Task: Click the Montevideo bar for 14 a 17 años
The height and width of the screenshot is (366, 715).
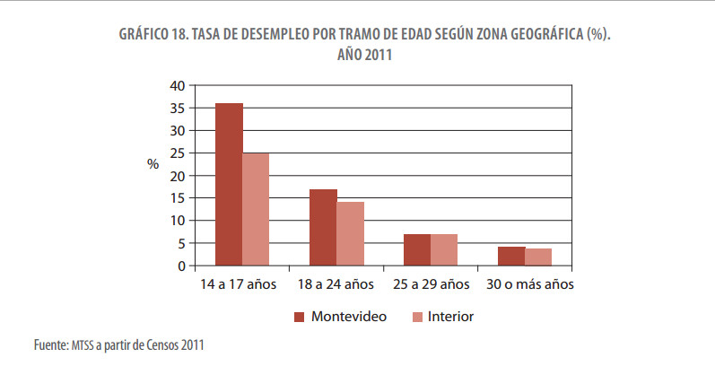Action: tap(229, 184)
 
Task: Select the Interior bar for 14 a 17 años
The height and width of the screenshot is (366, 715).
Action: tap(256, 209)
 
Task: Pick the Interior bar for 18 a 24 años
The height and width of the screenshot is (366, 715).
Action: tap(350, 233)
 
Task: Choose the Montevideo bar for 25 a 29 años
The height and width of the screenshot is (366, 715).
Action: tap(417, 249)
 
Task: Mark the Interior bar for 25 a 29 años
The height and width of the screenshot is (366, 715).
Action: tap(444, 249)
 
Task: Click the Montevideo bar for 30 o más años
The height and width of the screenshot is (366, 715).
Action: tap(511, 256)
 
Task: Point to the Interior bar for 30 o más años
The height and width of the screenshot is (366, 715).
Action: tap(538, 257)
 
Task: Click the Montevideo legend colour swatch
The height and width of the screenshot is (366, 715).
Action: tap(300, 317)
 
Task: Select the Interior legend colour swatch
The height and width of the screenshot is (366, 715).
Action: tap(416, 317)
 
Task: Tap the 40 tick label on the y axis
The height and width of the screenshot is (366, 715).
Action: tap(177, 85)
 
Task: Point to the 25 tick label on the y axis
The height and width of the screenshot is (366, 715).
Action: tap(177, 153)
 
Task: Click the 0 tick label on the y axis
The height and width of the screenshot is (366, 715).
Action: tap(180, 266)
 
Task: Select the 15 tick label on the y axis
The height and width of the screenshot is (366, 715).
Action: tap(177, 198)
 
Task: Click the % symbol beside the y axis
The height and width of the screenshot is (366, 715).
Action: tap(153, 164)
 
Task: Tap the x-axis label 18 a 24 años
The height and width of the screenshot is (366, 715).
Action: tap(336, 284)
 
